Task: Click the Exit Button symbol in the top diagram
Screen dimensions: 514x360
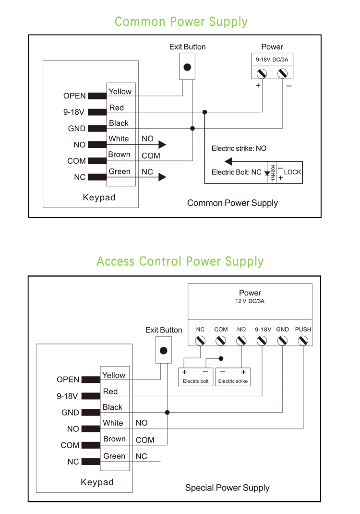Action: click(188, 67)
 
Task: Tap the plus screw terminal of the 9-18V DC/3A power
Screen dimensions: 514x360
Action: click(262, 73)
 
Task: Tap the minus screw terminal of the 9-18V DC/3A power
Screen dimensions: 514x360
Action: click(283, 73)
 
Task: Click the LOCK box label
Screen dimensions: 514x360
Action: click(292, 172)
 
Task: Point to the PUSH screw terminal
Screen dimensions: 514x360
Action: click(303, 341)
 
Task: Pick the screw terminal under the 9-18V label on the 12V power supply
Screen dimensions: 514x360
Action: click(262, 341)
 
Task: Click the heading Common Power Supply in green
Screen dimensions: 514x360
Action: click(181, 22)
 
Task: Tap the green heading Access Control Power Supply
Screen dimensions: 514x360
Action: click(180, 261)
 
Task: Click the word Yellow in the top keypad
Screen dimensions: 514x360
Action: click(120, 91)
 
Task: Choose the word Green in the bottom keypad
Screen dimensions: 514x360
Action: click(114, 456)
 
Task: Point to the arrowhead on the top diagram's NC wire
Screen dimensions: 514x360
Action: click(162, 177)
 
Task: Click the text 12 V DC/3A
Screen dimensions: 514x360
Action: click(250, 301)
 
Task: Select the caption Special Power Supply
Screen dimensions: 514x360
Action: click(227, 488)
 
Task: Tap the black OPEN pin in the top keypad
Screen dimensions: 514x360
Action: click(97, 96)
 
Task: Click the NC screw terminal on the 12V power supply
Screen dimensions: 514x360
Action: click(200, 341)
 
